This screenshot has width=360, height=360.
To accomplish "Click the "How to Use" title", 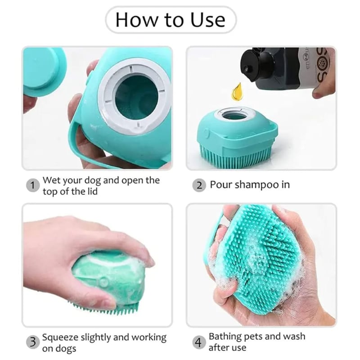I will point(170,20).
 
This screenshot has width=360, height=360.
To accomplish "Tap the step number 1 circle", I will point(32,185).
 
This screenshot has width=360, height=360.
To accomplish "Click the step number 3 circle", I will point(32,342).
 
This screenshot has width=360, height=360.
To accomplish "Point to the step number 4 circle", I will point(198,342).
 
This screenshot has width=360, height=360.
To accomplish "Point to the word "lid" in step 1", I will point(90,191).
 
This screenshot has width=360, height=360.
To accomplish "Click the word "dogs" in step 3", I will point(65,348).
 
